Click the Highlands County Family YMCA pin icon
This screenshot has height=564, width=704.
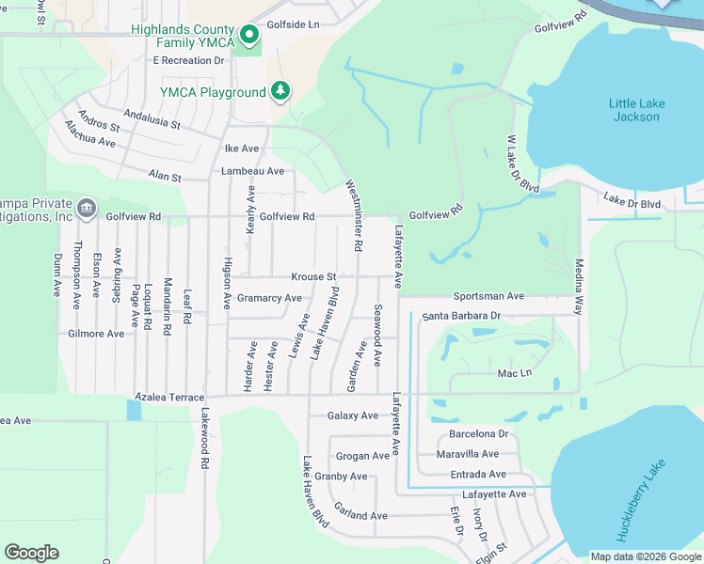click(x=249, y=36)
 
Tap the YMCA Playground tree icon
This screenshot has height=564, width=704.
click(x=280, y=91)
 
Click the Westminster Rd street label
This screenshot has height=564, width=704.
click(x=354, y=215)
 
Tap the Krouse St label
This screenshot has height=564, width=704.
click(x=313, y=277)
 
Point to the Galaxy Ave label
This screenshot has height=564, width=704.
click(x=352, y=415)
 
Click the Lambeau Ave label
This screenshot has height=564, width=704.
click(x=252, y=171)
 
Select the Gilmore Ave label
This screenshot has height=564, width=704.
click(x=96, y=334)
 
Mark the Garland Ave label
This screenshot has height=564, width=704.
click(x=360, y=516)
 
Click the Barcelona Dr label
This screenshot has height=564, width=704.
click(x=478, y=434)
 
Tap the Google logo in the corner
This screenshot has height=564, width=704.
click(x=31, y=553)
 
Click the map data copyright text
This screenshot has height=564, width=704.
click(x=645, y=556)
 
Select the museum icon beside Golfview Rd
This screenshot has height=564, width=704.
click(x=86, y=207)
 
